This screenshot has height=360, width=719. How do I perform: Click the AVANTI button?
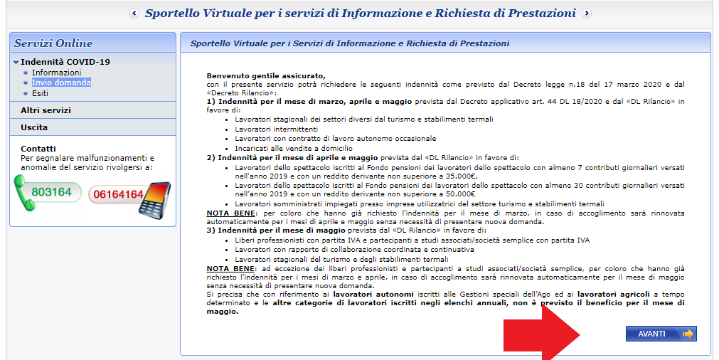pyautogui.click(x=661, y=334)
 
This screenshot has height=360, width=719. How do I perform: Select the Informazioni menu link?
pyautogui.click(x=56, y=73)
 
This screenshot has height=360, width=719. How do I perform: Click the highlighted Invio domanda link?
pyautogui.click(x=61, y=83)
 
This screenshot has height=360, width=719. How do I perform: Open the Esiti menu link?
pyautogui.click(x=41, y=93)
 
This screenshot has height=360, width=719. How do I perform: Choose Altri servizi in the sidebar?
pyautogui.click(x=46, y=110)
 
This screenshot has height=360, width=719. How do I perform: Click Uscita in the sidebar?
pyautogui.click(x=34, y=127)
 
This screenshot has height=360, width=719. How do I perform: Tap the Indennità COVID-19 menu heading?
pyautogui.click(x=65, y=62)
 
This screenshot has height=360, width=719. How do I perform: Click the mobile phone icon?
pyautogui.click(x=155, y=198)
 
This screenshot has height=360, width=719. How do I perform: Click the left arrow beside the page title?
pyautogui.click(x=134, y=14)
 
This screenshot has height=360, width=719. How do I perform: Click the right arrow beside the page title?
pyautogui.click(x=586, y=14)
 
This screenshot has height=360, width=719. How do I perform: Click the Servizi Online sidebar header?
pyautogui.click(x=53, y=43)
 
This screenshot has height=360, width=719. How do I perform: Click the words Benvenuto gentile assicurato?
pyautogui.click(x=265, y=75)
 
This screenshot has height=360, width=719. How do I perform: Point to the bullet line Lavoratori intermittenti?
pyautogui.click(x=267, y=129)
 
